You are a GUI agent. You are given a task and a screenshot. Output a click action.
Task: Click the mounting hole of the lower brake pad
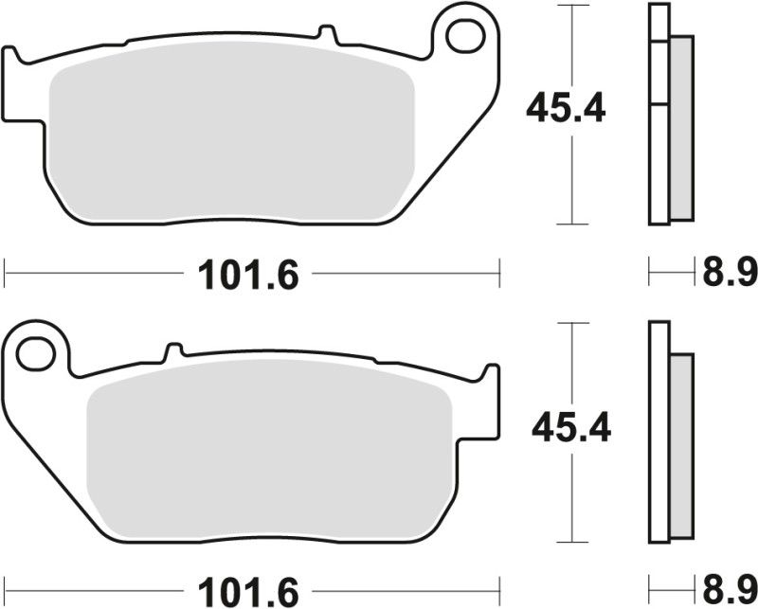(x=36, y=353)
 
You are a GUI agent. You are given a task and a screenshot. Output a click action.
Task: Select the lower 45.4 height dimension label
(x=571, y=428)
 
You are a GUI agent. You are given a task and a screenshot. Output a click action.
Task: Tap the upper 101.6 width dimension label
(x=248, y=276)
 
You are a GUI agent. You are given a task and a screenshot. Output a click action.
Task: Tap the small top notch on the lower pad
(x=171, y=349)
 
